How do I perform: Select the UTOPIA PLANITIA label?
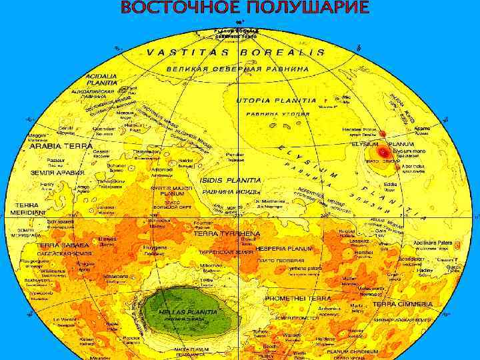pos(276,101)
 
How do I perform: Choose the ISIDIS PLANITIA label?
pos(230,180)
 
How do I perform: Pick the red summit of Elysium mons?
pos(382,153)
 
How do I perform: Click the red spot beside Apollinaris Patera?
pos(457,246)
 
